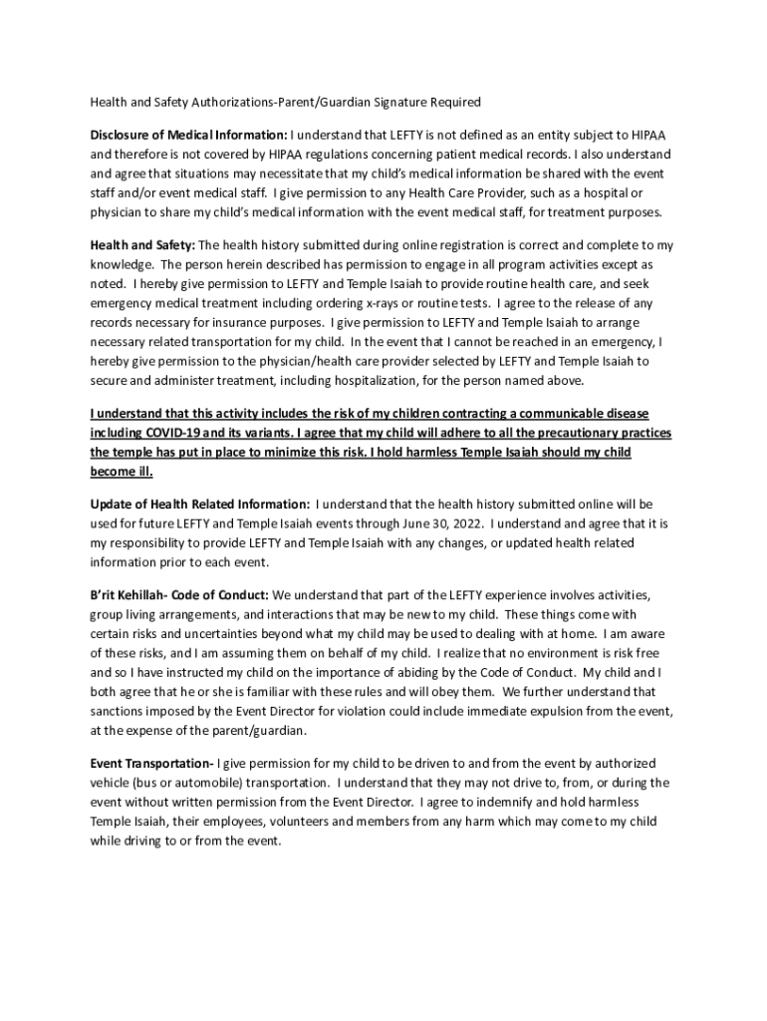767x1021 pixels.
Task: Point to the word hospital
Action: [604, 192]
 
